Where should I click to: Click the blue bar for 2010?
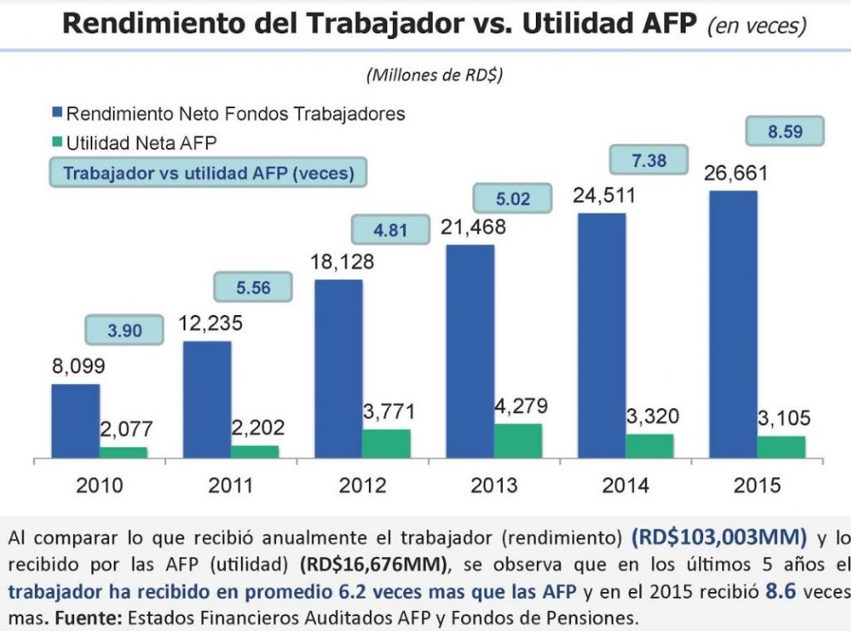point(76,420)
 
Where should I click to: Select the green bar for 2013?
point(518,441)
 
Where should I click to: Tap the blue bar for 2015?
point(733,324)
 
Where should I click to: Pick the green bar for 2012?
point(386,443)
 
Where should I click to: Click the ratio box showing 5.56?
point(254,288)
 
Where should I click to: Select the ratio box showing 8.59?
point(785,131)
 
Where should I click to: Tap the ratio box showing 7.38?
point(649,161)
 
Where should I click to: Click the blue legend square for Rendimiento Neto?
point(57,112)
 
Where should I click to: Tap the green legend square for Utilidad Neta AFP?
point(57,143)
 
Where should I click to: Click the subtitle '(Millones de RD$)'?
point(435,76)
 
